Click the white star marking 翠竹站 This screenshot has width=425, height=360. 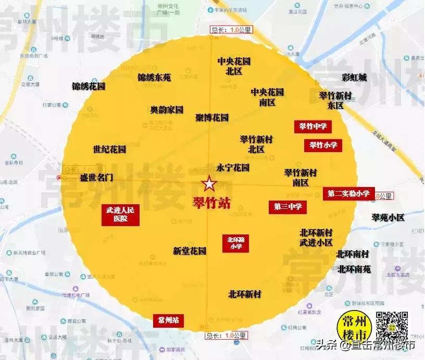[209, 184]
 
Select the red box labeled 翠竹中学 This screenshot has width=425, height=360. [313, 126]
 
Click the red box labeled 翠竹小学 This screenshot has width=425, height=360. [323, 145]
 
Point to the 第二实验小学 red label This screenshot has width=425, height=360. [348, 193]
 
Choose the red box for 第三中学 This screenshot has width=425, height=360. [287, 207]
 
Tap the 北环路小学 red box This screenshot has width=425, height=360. [236, 243]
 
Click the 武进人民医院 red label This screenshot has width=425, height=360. [120, 214]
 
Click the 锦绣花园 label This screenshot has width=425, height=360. [89, 86]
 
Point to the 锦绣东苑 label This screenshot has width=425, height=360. [154, 78]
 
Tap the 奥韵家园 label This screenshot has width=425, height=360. [167, 110]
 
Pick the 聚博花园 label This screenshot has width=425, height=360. [212, 118]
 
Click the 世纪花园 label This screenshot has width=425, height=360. [109, 150]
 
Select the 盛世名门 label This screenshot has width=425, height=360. [96, 177]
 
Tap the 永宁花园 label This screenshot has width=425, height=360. [233, 168]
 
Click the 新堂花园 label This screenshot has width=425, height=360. [190, 251]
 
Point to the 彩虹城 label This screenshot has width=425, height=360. [354, 78]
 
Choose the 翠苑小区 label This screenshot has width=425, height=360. [388, 217]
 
